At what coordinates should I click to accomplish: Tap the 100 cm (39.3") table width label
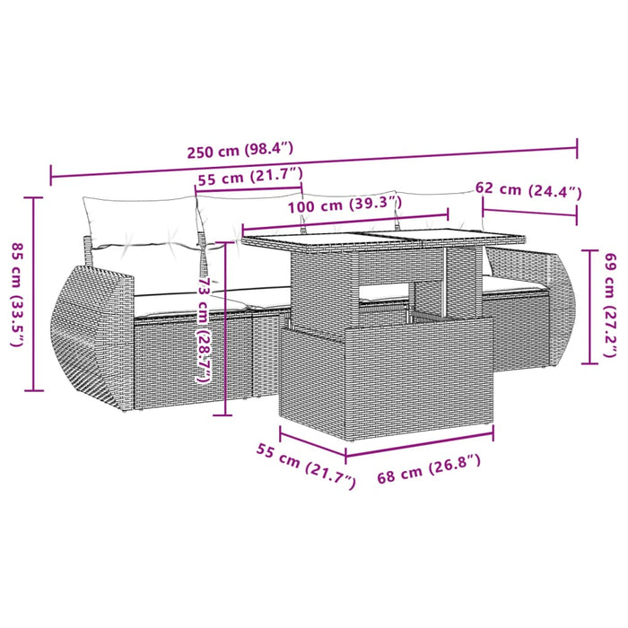[345, 205]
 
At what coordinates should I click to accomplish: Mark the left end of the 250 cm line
[51, 175]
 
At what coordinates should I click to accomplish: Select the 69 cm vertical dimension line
[589, 295]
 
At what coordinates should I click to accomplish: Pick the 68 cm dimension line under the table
[420, 447]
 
